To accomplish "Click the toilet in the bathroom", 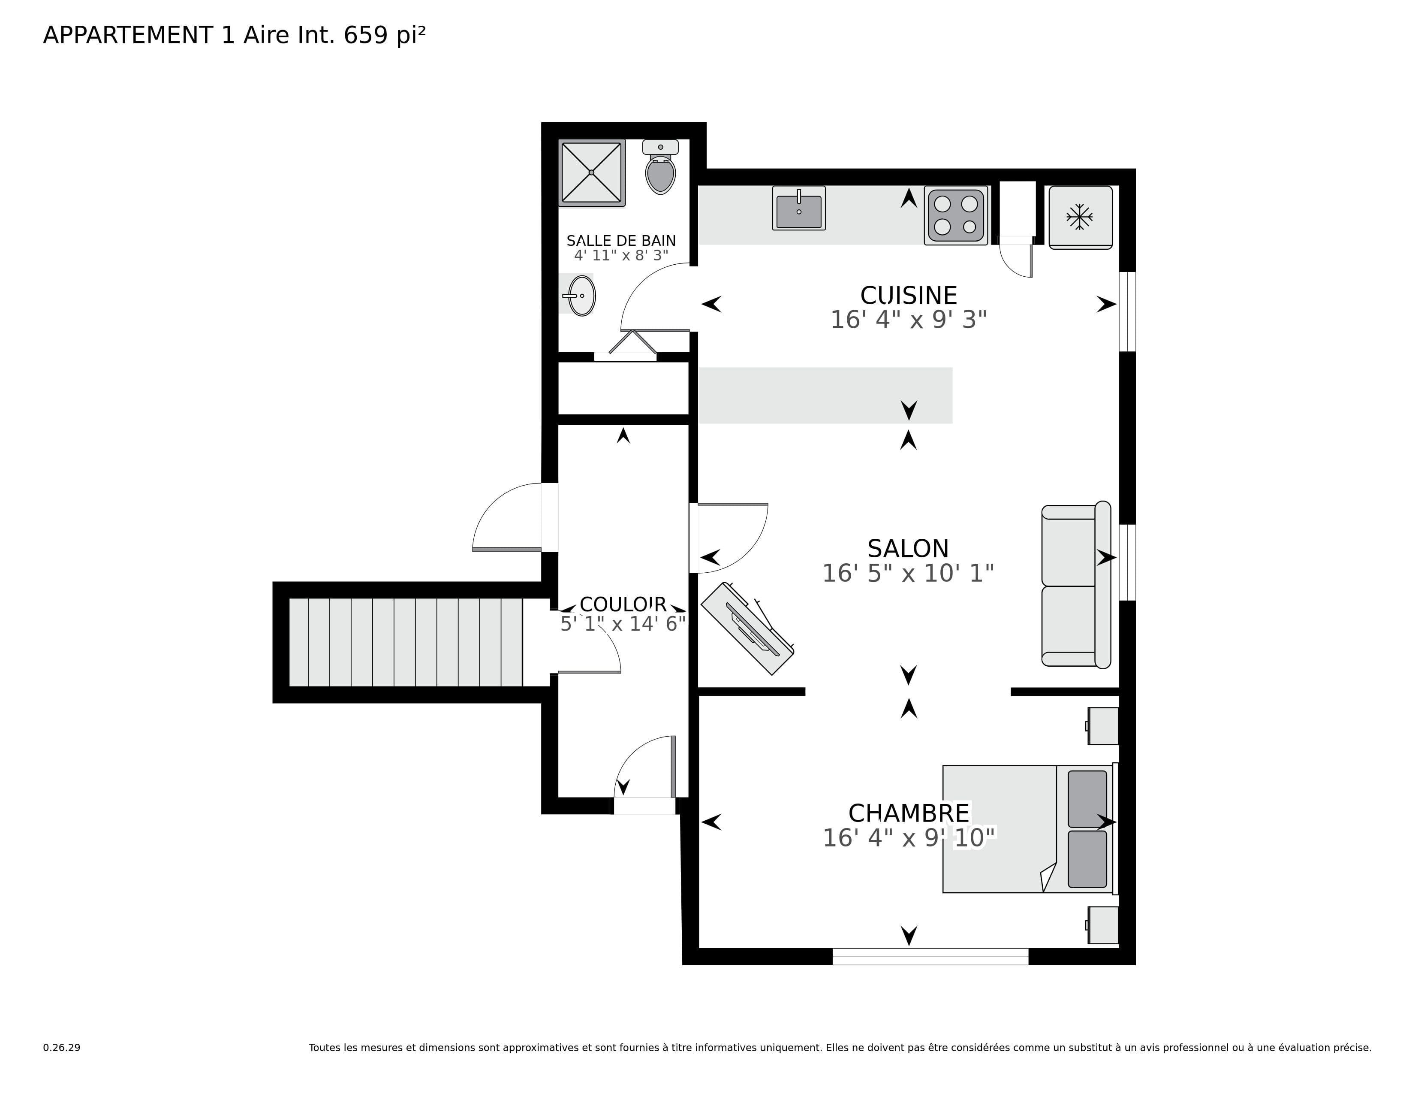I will point(660,170).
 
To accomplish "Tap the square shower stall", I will point(592,172).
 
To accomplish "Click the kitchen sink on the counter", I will point(798,209).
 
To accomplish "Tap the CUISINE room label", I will point(908,296).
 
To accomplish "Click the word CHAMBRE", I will point(908,813).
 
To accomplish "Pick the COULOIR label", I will point(623,604).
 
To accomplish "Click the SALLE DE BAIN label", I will point(621,240).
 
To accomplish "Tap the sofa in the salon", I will point(1075,585).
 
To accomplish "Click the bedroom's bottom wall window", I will point(930,957).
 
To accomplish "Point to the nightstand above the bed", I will point(1102,726).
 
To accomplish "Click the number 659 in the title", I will point(365,35).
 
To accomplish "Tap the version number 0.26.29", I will point(62,1047).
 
